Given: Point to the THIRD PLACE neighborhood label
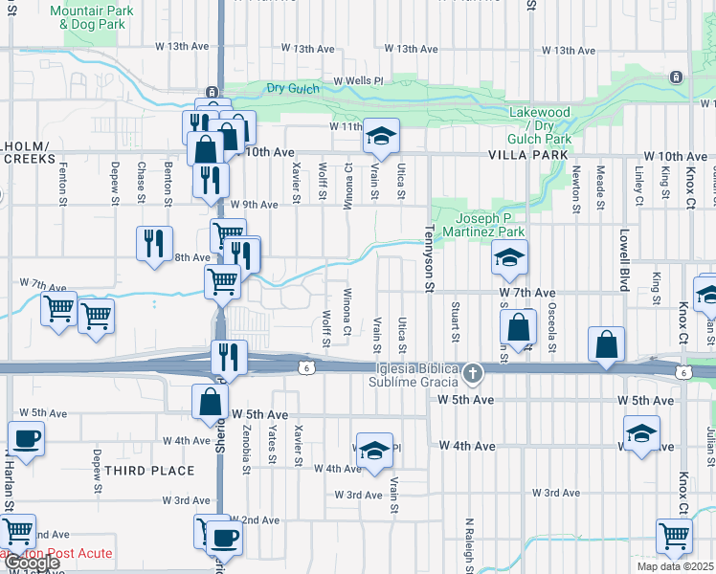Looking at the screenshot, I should (x=149, y=471).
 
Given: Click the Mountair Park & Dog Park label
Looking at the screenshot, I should (x=88, y=16).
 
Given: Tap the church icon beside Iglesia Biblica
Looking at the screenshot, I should (x=471, y=373).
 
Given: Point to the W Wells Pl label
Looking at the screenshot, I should (x=357, y=81).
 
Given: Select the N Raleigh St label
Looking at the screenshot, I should (x=470, y=545).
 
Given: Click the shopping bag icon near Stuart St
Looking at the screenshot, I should (x=518, y=326).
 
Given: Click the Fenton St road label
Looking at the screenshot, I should (x=63, y=182).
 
